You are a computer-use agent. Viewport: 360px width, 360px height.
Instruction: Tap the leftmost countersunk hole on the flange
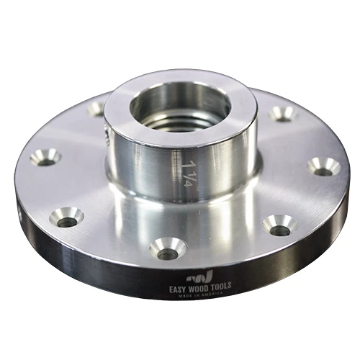[45, 157]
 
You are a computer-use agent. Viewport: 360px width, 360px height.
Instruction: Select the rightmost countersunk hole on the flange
[325, 168]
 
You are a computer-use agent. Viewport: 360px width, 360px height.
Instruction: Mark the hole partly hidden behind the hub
[96, 109]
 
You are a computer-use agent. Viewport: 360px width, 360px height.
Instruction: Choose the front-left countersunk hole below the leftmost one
[68, 217]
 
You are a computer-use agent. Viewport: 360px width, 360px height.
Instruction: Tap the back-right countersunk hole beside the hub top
[282, 113]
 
